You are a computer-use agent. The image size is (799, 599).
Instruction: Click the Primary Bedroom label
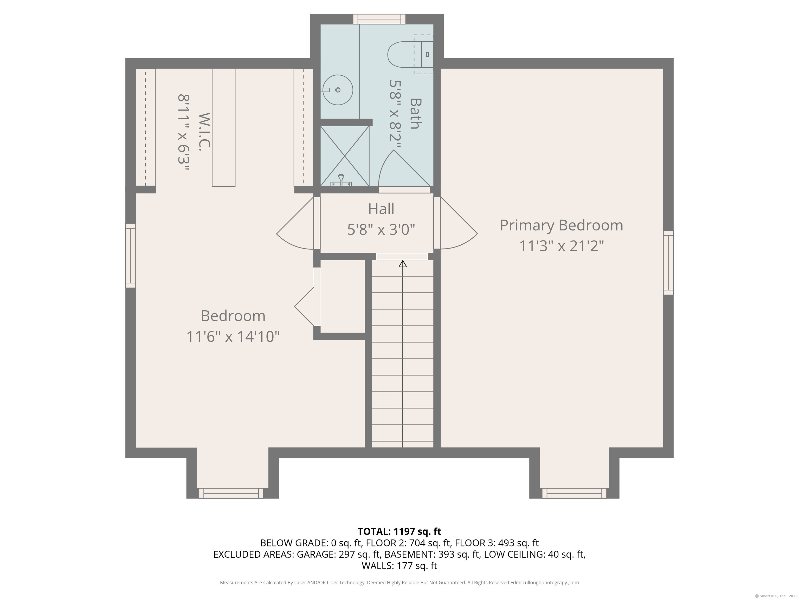[561, 226]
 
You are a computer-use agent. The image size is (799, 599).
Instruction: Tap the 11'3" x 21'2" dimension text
[561, 246]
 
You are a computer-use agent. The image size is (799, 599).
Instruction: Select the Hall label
[381, 209]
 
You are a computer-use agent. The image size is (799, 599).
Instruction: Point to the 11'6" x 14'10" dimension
[233, 336]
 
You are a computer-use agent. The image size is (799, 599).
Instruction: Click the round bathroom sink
[337, 90]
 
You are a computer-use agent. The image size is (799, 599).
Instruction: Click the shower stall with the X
[345, 156]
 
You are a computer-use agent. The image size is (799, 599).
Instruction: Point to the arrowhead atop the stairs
[403, 264]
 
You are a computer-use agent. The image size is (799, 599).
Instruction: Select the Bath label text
[415, 113]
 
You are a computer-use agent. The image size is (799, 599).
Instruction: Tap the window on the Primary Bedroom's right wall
[668, 263]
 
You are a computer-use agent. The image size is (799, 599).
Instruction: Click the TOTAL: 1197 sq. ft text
[399, 531]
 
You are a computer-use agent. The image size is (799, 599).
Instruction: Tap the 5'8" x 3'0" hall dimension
[381, 229]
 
